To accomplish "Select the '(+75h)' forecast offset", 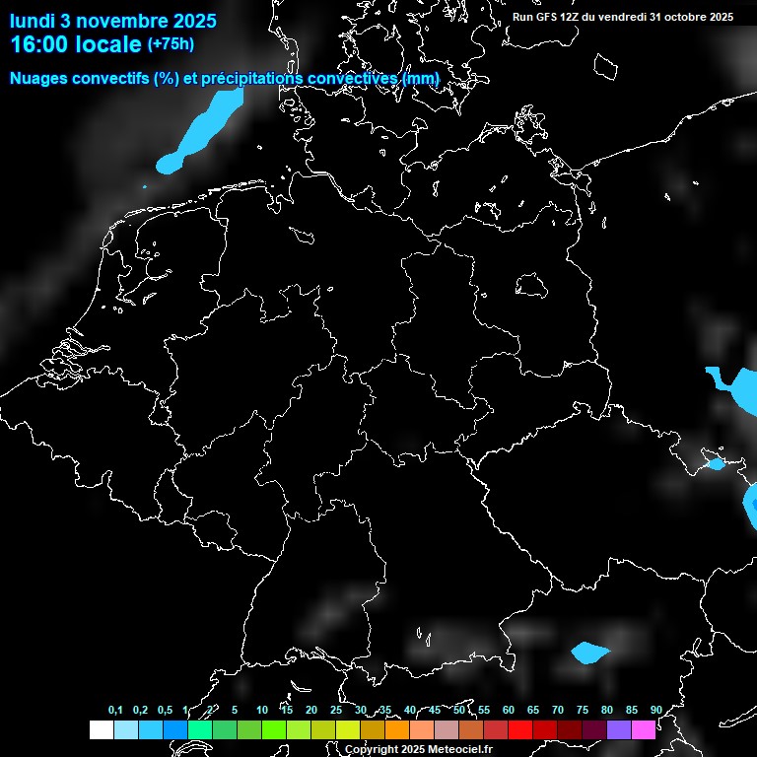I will [171, 43].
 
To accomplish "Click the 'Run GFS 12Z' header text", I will [547, 17].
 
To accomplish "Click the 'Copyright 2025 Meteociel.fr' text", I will [418, 749].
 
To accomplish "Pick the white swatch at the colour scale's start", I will [101, 729].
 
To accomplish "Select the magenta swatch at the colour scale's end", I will [644, 729].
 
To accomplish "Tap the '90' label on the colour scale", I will [655, 711].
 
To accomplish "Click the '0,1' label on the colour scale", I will [115, 711].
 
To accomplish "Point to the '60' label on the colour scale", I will [508, 711].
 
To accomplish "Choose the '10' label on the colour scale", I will [261, 711].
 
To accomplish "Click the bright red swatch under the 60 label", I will [520, 729].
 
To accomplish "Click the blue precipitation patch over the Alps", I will [590, 653].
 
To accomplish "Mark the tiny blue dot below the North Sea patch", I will [145, 187].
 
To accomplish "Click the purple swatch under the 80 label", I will [619, 729].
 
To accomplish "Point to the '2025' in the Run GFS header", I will [721, 17].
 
